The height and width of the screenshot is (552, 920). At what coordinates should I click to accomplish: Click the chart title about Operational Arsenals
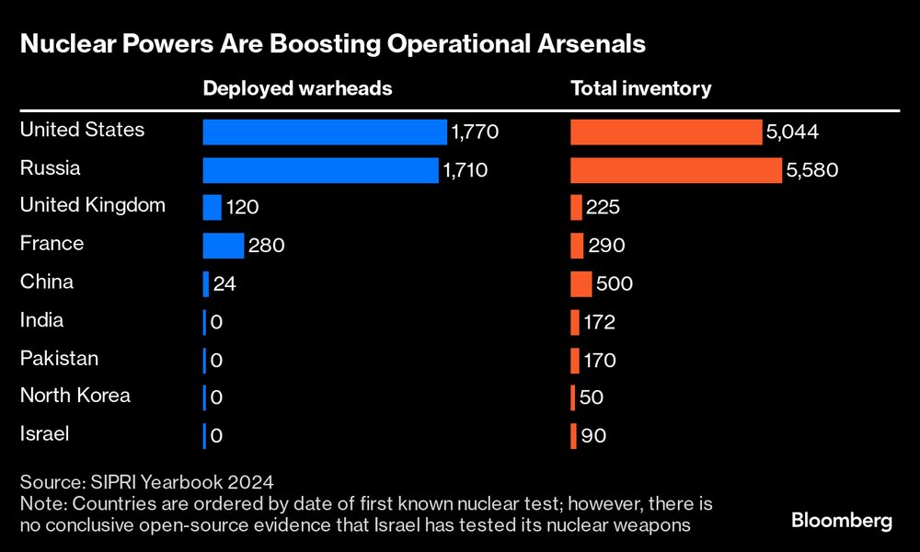[332, 43]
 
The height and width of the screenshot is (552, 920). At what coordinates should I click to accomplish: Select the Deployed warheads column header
[297, 88]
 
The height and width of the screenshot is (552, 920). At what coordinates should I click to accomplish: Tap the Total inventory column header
[640, 88]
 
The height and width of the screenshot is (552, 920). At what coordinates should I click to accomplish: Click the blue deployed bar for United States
[325, 132]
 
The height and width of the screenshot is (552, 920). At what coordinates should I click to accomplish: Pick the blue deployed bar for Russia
[320, 170]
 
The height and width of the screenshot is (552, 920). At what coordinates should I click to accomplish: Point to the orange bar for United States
[666, 132]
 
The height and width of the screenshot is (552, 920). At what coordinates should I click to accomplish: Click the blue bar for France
[224, 246]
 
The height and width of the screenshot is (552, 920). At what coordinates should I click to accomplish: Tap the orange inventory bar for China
[581, 283]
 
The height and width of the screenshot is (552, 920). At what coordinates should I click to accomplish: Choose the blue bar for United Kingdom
[212, 208]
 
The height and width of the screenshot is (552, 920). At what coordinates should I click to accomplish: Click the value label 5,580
[813, 171]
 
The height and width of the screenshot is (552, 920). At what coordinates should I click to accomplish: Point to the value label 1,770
[474, 133]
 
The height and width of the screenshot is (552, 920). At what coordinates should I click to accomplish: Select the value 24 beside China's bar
[224, 284]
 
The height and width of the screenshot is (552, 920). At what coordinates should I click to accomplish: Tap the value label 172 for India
[599, 323]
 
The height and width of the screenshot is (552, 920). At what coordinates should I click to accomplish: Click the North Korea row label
[75, 396]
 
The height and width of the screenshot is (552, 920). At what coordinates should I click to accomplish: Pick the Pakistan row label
[59, 358]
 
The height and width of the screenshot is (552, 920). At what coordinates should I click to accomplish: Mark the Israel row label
[44, 433]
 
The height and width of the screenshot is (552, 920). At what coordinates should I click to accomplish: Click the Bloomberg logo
[842, 521]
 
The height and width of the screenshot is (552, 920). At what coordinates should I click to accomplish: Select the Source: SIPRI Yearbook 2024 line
[147, 482]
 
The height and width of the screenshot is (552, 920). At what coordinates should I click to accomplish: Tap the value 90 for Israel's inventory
[593, 436]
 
